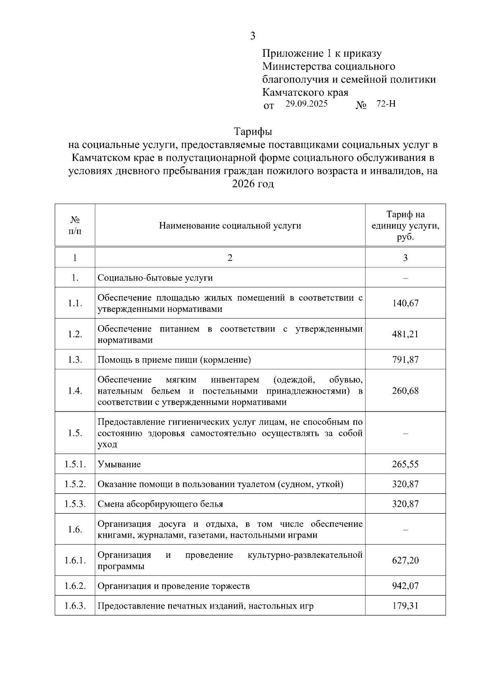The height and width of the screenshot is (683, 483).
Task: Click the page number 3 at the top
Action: [x=252, y=36]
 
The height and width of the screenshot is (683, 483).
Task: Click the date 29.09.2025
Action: [x=307, y=104]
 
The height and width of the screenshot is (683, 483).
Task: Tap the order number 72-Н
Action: [x=386, y=104]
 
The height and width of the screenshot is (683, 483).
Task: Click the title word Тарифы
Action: [x=253, y=132]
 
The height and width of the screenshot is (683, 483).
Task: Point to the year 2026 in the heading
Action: [x=244, y=184]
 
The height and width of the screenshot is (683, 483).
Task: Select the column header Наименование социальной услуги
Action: [x=230, y=225]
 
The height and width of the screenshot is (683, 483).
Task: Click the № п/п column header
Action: [x=75, y=225]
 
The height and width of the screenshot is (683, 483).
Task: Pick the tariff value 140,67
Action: [x=405, y=303]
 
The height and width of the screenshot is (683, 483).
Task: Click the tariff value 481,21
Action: [x=405, y=334]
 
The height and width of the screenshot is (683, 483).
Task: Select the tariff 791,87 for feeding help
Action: [x=405, y=359]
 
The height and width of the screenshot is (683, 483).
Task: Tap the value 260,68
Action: [x=405, y=390]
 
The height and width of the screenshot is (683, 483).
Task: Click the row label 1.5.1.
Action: [x=75, y=464]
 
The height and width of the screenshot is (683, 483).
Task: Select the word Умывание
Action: [x=119, y=464]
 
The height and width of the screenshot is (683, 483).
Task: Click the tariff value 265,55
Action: [x=405, y=464]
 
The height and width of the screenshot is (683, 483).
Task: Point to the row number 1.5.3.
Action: [x=75, y=504]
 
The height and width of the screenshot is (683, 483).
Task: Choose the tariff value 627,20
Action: [x=405, y=560]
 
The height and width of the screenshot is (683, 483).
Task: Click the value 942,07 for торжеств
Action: [x=405, y=586]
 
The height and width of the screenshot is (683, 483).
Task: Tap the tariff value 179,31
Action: [x=405, y=606]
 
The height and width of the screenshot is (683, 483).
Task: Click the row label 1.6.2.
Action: [x=75, y=586]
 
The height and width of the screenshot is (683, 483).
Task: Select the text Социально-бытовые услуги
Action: [x=155, y=278]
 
